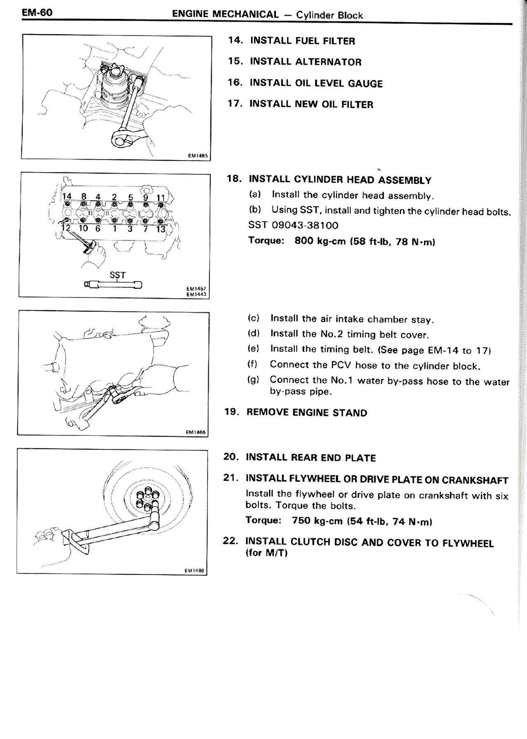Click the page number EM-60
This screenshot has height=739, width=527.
click(x=37, y=13)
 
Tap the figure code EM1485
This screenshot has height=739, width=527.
click(x=198, y=156)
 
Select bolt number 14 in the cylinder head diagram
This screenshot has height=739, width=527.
click(x=67, y=197)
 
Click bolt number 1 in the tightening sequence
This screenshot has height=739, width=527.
click(x=115, y=228)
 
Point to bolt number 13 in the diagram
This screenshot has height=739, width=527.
click(x=161, y=229)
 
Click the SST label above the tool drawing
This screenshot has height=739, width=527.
click(x=117, y=275)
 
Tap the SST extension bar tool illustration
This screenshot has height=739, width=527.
click(x=113, y=284)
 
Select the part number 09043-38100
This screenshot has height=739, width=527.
click(x=305, y=225)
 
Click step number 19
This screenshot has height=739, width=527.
click(x=231, y=412)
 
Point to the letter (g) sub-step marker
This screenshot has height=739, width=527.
click(x=253, y=380)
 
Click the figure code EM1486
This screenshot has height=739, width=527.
click(x=195, y=571)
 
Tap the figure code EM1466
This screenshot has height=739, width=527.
click(x=196, y=432)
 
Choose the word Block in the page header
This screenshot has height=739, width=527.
click(x=350, y=16)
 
